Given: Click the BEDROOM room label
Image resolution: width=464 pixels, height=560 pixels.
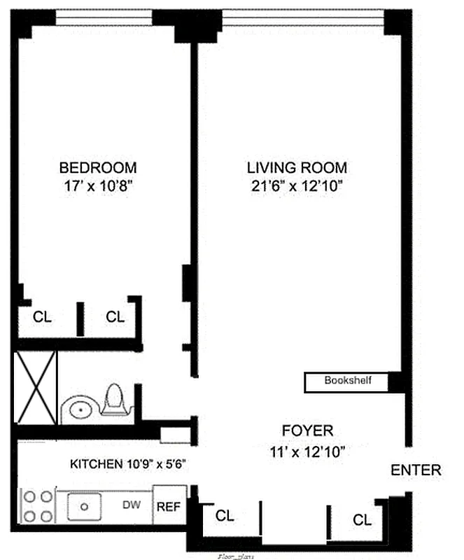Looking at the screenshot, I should point(97,168).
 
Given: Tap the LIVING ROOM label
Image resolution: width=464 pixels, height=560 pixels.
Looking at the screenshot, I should point(297,168).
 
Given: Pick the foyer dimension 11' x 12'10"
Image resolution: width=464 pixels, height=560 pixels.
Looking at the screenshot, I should point(307,451).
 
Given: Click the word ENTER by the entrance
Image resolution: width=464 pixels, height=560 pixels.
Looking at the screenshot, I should point(416,470).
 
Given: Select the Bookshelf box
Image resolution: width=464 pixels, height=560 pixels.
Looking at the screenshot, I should point(346,381).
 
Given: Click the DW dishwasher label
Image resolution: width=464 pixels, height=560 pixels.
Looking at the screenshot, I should point(130,504).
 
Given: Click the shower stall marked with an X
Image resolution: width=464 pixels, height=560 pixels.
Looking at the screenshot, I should point(36,386).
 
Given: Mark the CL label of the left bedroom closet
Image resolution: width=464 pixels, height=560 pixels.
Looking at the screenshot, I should point(43,317).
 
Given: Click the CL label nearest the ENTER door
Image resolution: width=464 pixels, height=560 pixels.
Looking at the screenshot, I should point(362,519).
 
